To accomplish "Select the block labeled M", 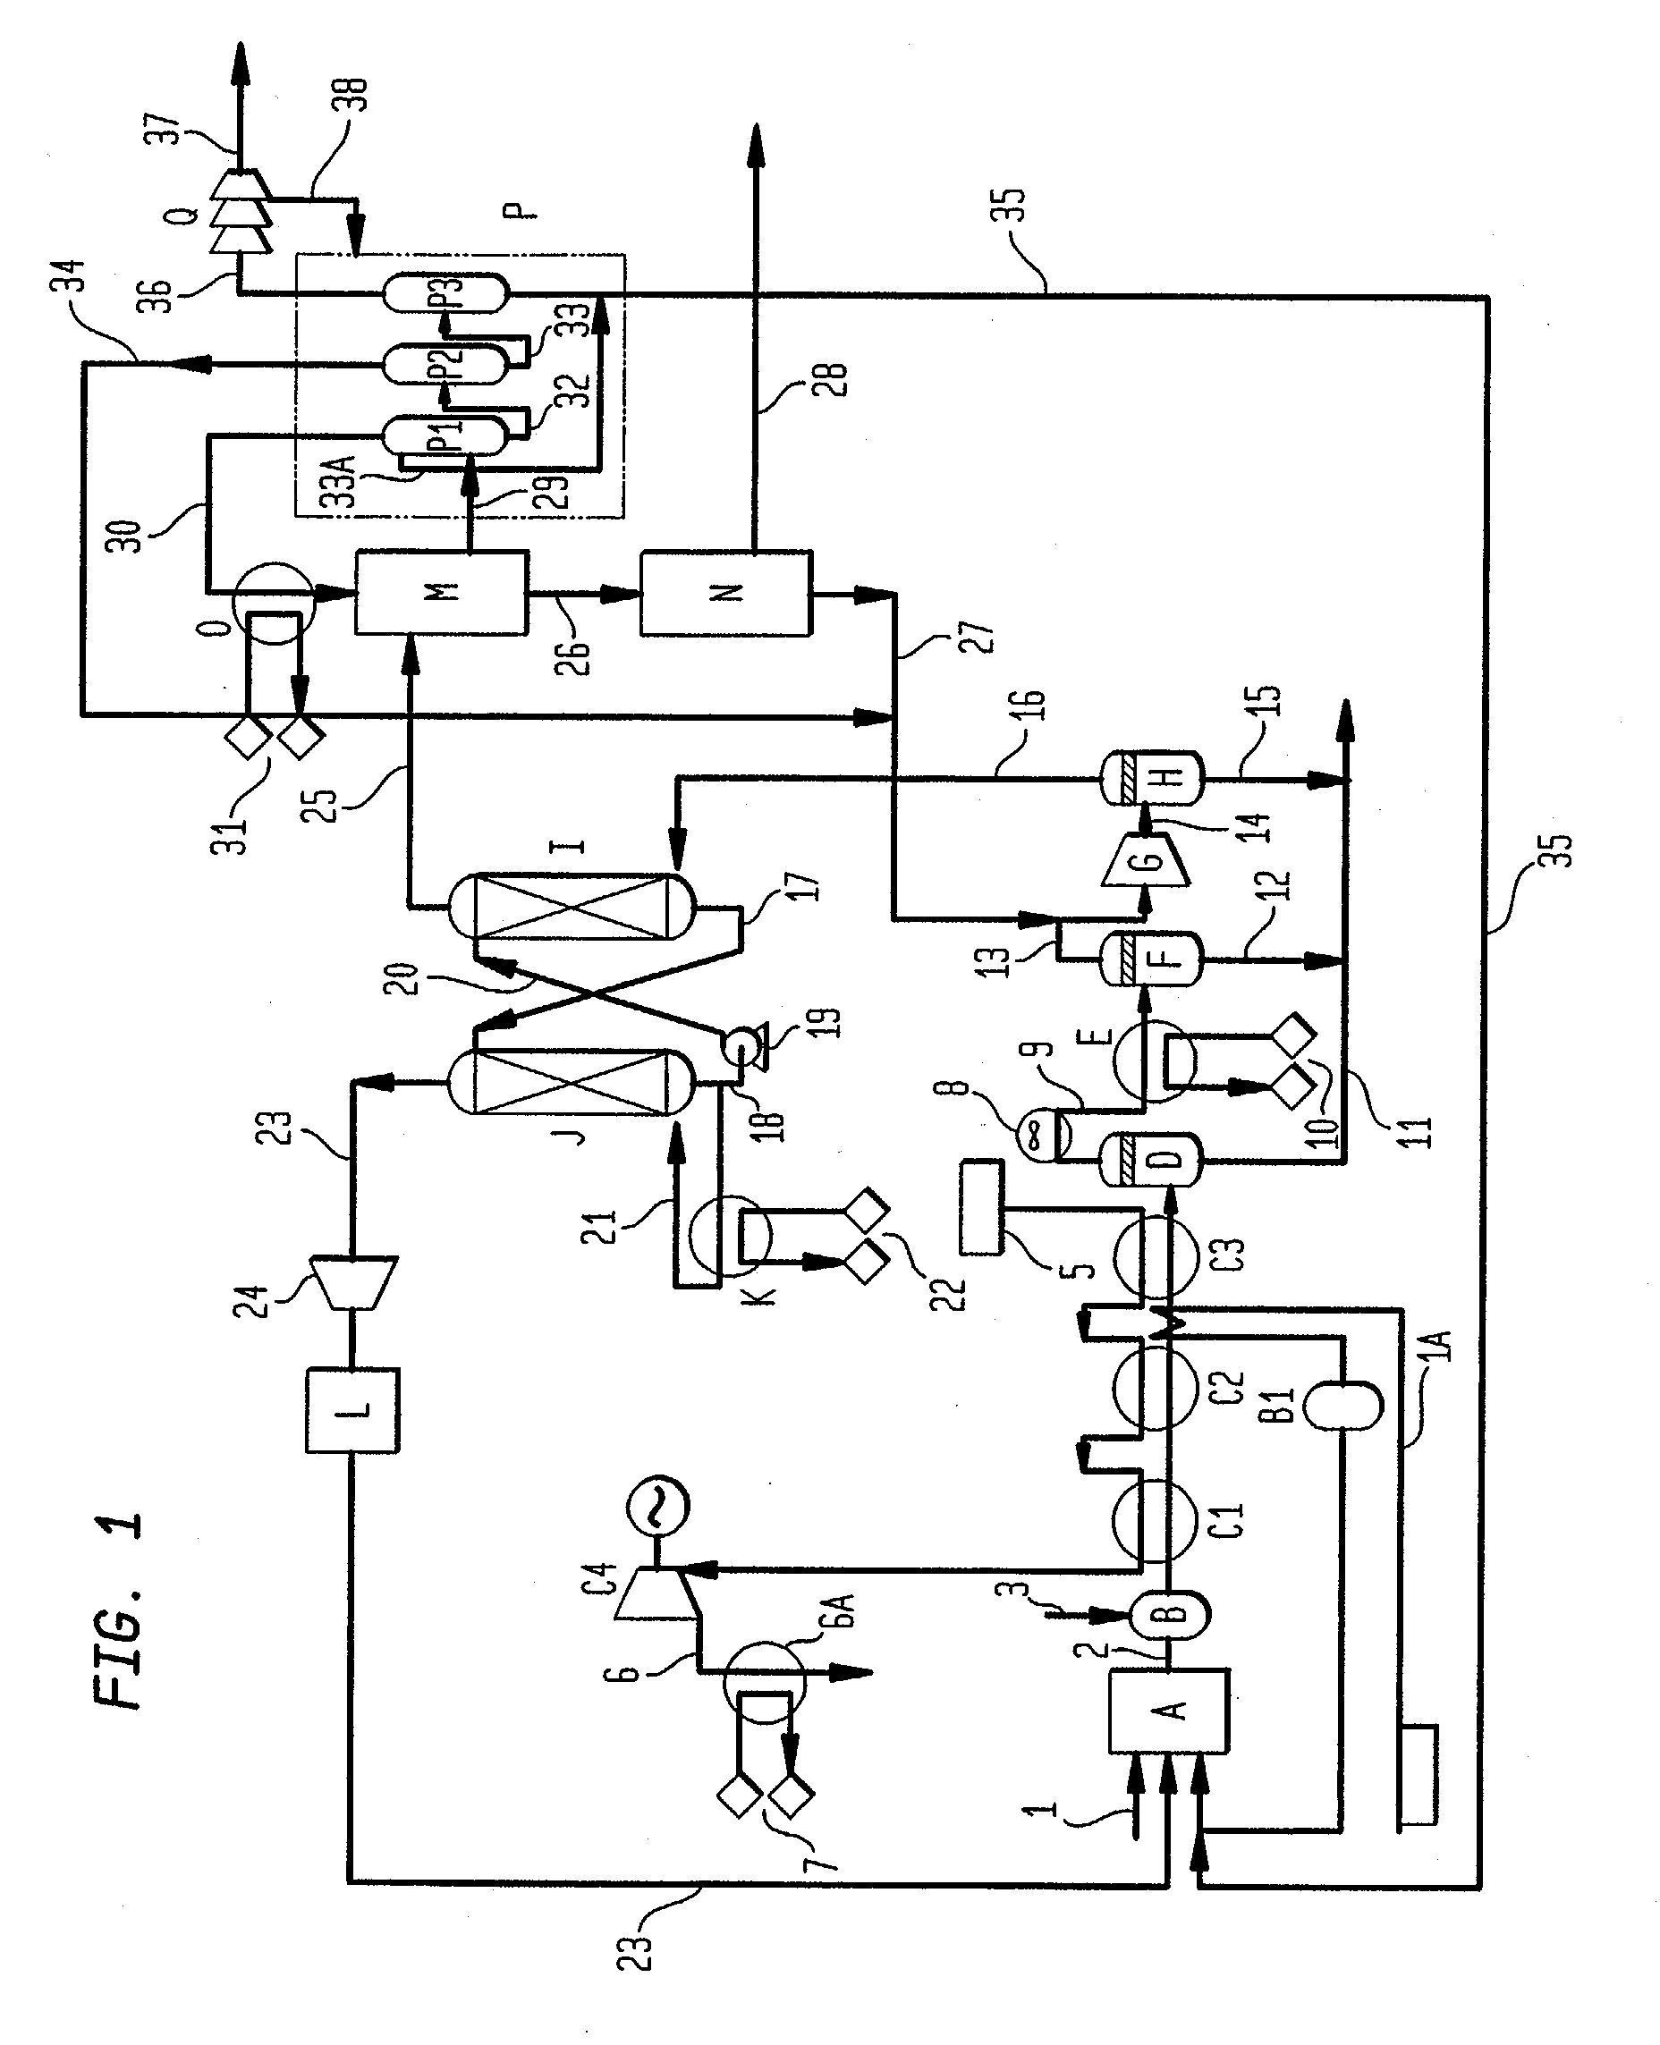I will pos(441,592).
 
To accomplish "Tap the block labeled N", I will pos(725,592).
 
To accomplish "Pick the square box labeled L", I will pos(351,1411).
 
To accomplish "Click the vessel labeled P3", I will pos(445,292).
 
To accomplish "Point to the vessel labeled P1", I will pos(445,436).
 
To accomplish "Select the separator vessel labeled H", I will pos(1152,779).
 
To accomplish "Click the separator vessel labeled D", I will pos(1152,1160).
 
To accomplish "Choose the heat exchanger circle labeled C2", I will pos(1156,1387).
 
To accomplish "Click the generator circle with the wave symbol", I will pos(658,1508).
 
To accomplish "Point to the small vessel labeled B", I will pos(1171,1614).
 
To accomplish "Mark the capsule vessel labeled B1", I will pos(1342,1403).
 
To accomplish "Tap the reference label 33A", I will pos(342,481).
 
